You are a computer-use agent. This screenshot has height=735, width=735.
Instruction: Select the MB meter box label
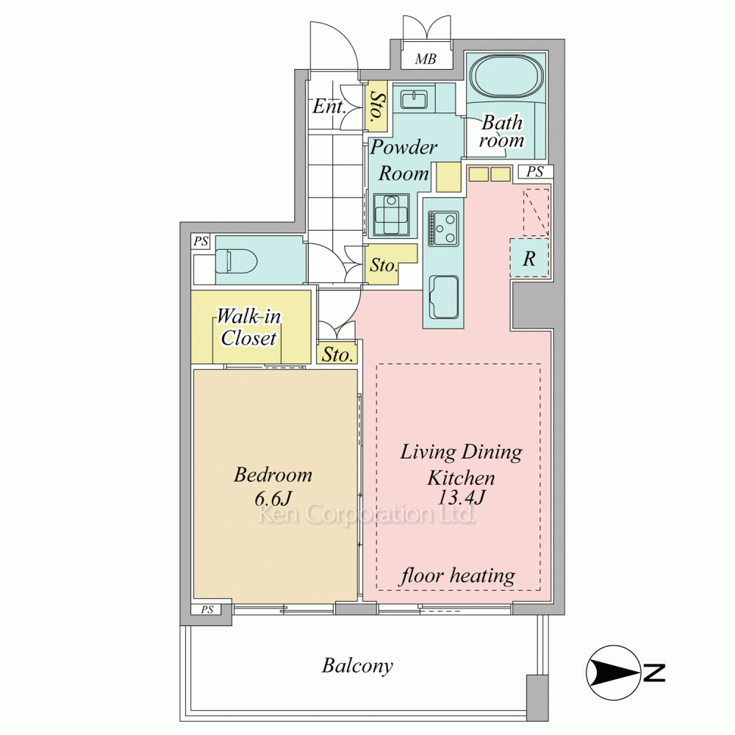[426, 59]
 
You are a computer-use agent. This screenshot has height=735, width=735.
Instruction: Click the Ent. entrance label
[329, 107]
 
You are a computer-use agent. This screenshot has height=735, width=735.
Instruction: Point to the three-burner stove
[443, 229]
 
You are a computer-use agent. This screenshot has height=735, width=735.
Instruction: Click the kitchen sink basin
[443, 297]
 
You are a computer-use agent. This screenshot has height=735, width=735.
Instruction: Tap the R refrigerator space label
[529, 258]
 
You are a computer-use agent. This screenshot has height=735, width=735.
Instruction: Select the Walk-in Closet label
[248, 327]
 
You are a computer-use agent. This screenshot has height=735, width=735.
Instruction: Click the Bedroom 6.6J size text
[273, 487]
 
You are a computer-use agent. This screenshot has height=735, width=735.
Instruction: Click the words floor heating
[457, 576]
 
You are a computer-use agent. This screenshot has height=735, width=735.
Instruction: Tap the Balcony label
[357, 666]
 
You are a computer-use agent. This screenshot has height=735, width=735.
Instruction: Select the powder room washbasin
[413, 99]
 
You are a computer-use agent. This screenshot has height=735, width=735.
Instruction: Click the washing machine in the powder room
[391, 215]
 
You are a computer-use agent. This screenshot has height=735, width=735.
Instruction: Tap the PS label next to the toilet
[201, 241]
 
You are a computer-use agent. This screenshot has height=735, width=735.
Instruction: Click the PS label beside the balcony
[207, 609]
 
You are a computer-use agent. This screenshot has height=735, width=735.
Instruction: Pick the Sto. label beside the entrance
[376, 107]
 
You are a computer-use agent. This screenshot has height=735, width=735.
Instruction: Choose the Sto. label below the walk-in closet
[337, 354]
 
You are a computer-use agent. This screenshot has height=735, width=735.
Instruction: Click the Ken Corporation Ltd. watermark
[367, 514]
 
